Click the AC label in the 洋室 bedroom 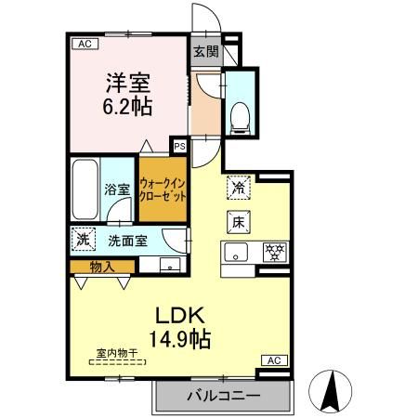84,43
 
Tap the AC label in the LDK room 274,359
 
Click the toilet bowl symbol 240,115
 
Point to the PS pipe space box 179,146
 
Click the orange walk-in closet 163,190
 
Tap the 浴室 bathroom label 117,188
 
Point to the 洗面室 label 126,241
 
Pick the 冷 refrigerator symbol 239,187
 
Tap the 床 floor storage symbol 239,222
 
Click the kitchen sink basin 236,251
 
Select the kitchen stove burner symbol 275,250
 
